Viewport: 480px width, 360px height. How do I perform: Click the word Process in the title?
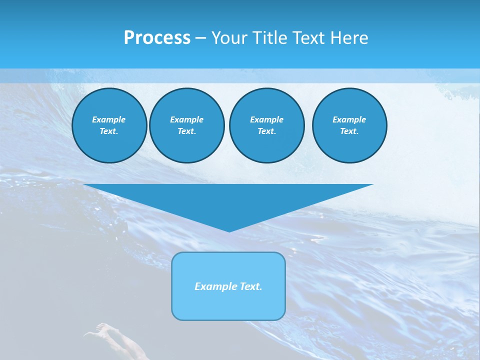click(157, 38)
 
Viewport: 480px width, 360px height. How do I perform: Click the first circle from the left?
click(109, 125)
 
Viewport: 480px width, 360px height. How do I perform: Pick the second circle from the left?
click(187, 125)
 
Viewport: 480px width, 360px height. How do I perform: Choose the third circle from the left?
click(266, 125)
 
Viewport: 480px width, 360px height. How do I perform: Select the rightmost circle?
click(349, 125)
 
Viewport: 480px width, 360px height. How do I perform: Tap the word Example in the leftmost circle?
click(109, 119)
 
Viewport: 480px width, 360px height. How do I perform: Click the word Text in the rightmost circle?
click(349, 131)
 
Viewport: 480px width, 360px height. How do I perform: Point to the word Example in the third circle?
click(266, 119)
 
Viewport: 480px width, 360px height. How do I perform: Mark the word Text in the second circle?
click(186, 131)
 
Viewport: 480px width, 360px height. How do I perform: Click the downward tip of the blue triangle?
click(229, 231)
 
